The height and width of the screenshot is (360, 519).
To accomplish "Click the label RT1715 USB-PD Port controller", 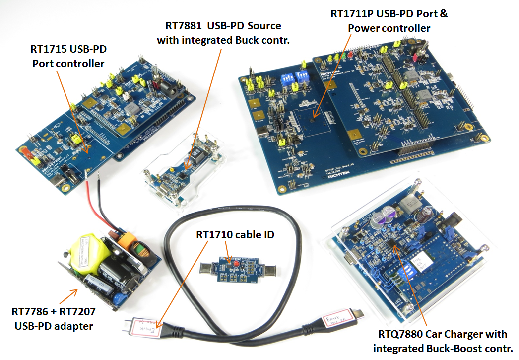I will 68,56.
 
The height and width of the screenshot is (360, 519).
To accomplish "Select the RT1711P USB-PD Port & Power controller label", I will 389,21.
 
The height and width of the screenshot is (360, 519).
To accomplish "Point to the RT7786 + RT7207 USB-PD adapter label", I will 54,319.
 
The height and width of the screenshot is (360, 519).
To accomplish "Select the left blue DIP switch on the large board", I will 287,77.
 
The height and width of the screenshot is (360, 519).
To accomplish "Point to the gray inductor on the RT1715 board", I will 132,109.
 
